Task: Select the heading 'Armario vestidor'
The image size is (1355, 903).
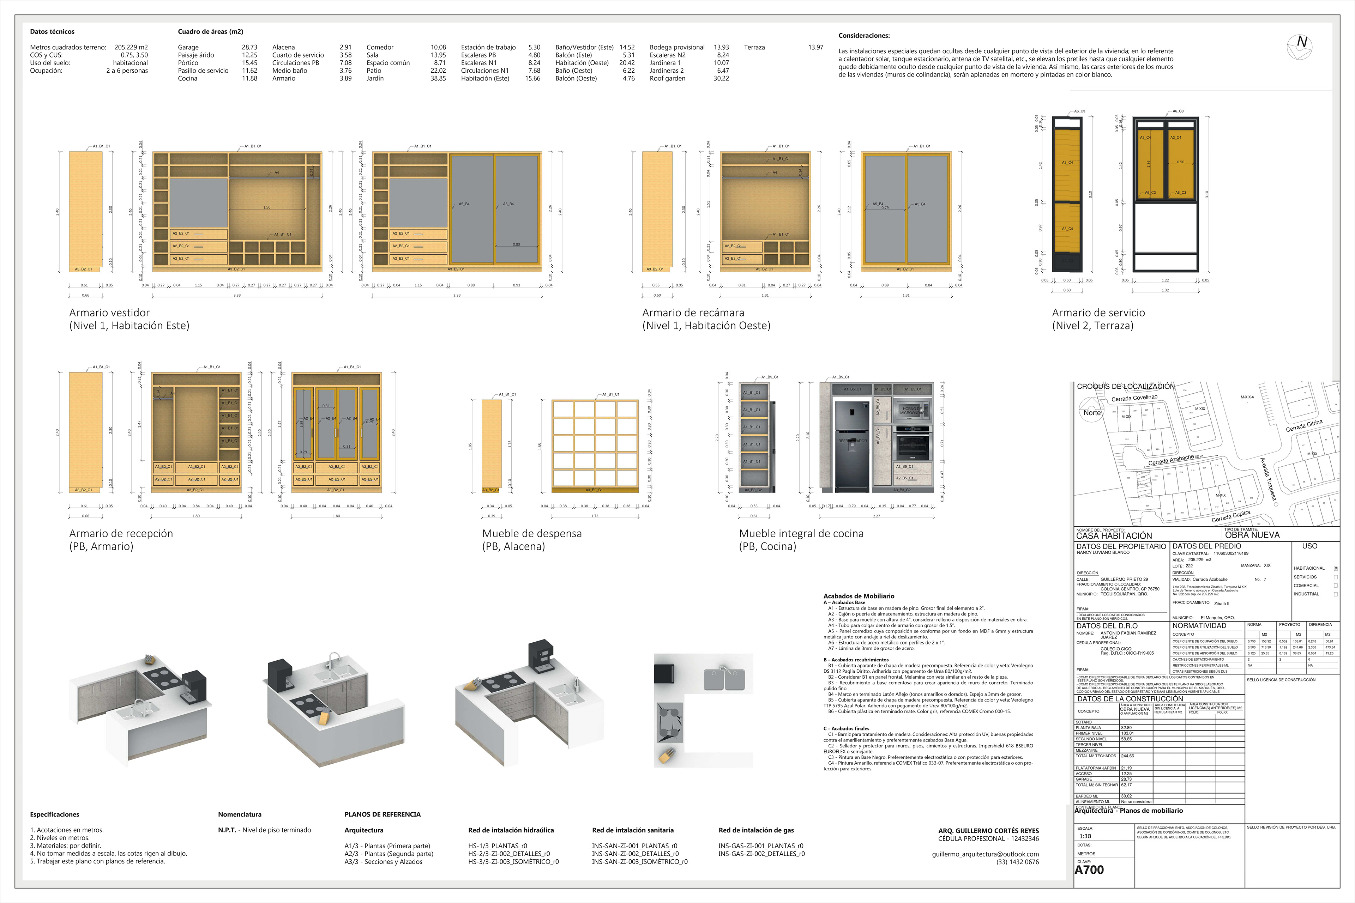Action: point(109,313)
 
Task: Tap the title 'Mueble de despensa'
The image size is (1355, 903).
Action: point(532,533)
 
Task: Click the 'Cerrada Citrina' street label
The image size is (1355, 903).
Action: point(1304,426)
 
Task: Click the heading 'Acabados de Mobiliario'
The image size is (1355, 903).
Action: point(859,596)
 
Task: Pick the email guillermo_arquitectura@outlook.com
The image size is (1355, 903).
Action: point(985,854)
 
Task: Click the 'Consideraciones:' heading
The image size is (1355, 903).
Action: point(863,36)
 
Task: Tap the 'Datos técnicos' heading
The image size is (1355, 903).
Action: point(52,32)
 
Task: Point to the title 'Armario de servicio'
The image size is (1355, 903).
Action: point(1098,313)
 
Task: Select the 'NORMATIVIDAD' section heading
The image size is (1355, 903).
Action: point(1199,625)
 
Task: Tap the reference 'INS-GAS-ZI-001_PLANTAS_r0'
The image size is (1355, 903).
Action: point(760,846)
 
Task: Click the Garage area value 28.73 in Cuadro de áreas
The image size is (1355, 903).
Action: point(249,47)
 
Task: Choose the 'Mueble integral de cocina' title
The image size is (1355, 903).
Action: point(801,533)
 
